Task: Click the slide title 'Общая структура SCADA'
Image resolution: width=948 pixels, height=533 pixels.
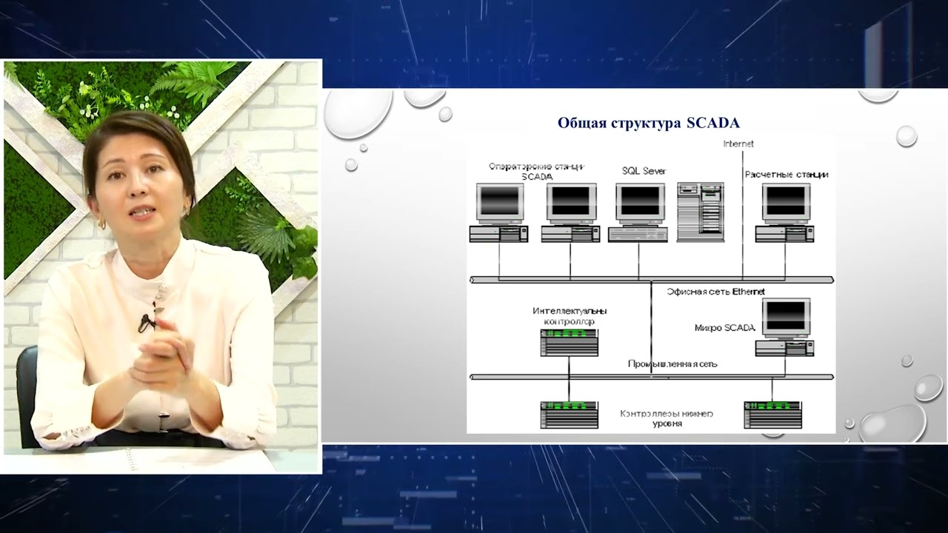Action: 648,122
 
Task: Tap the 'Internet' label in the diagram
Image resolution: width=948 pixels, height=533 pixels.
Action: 738,144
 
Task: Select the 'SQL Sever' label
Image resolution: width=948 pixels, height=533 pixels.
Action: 644,171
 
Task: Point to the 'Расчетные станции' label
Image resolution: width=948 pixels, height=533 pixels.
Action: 786,175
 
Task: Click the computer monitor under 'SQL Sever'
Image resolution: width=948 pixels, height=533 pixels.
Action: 641,202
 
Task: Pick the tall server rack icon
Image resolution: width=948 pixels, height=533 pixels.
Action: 698,212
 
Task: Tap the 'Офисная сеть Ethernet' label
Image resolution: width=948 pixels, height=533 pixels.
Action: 715,292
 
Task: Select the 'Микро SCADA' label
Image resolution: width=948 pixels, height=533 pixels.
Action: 724,327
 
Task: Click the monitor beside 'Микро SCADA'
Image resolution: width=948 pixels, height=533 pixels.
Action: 786,317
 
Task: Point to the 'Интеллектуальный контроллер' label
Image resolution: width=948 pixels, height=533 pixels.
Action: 569,316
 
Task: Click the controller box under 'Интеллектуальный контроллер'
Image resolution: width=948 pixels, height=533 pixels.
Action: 569,343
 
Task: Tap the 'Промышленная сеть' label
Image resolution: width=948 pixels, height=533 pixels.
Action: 672,363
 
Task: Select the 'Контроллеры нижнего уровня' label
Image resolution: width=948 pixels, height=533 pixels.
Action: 667,418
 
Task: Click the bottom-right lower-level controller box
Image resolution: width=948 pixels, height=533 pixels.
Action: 772,415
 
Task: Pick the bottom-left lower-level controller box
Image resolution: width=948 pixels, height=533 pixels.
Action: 569,415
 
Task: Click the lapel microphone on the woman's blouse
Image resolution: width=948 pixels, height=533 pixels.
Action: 146,322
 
